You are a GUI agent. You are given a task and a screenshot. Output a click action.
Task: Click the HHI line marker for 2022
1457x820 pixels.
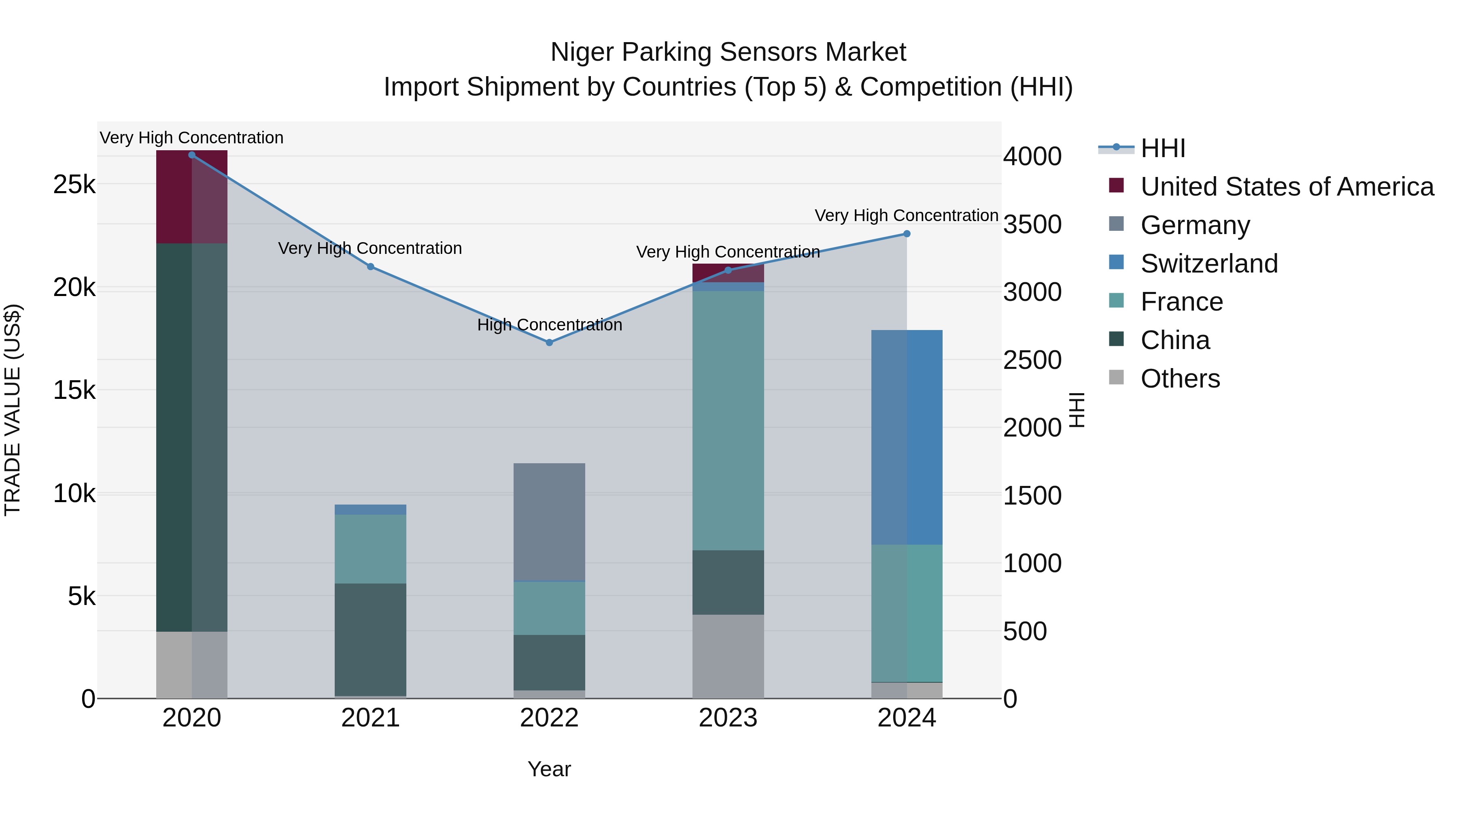point(549,342)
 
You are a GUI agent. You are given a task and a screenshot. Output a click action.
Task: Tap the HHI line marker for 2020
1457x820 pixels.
point(192,155)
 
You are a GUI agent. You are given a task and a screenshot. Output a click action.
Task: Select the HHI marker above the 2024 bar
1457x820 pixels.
point(906,234)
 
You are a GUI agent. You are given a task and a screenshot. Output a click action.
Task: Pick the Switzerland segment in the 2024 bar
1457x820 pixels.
point(906,437)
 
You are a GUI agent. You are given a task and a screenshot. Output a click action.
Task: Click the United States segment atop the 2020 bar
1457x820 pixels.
point(192,197)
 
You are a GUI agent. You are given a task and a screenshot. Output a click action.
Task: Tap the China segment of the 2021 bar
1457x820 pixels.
point(370,639)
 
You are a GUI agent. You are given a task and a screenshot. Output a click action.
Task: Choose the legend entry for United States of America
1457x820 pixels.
point(1286,187)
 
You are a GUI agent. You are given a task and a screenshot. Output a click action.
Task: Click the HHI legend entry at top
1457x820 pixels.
point(1162,148)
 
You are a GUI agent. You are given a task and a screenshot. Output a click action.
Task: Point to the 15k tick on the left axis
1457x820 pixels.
point(74,390)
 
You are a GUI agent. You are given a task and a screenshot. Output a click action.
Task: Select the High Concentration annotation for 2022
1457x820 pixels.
point(549,325)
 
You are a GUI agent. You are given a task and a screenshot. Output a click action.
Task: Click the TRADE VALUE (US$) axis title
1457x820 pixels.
point(13,410)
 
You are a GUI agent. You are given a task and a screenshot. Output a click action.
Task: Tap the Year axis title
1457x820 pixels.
point(549,769)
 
